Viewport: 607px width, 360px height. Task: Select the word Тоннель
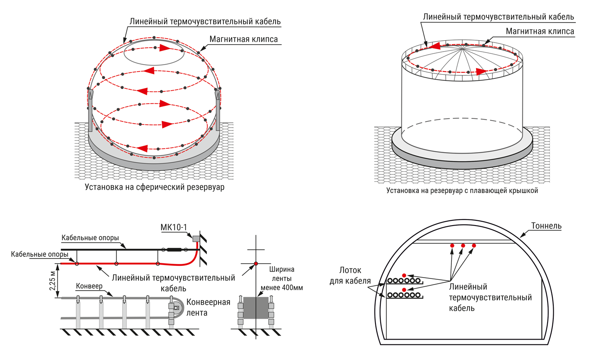point(546,226)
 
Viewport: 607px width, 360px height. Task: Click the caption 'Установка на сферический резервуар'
point(157,188)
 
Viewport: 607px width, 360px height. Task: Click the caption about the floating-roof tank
point(462,190)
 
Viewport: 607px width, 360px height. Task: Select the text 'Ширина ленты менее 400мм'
point(281,277)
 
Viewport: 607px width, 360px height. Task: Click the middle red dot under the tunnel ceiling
point(463,245)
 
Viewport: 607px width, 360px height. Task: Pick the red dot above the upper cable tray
point(404,275)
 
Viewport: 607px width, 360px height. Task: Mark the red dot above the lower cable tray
point(404,290)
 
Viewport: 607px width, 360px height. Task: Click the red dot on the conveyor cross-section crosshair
point(256,263)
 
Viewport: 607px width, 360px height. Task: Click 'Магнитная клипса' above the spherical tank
point(243,39)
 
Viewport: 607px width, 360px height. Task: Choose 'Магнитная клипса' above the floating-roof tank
point(540,32)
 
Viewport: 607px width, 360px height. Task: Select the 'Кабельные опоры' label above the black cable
point(90,238)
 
